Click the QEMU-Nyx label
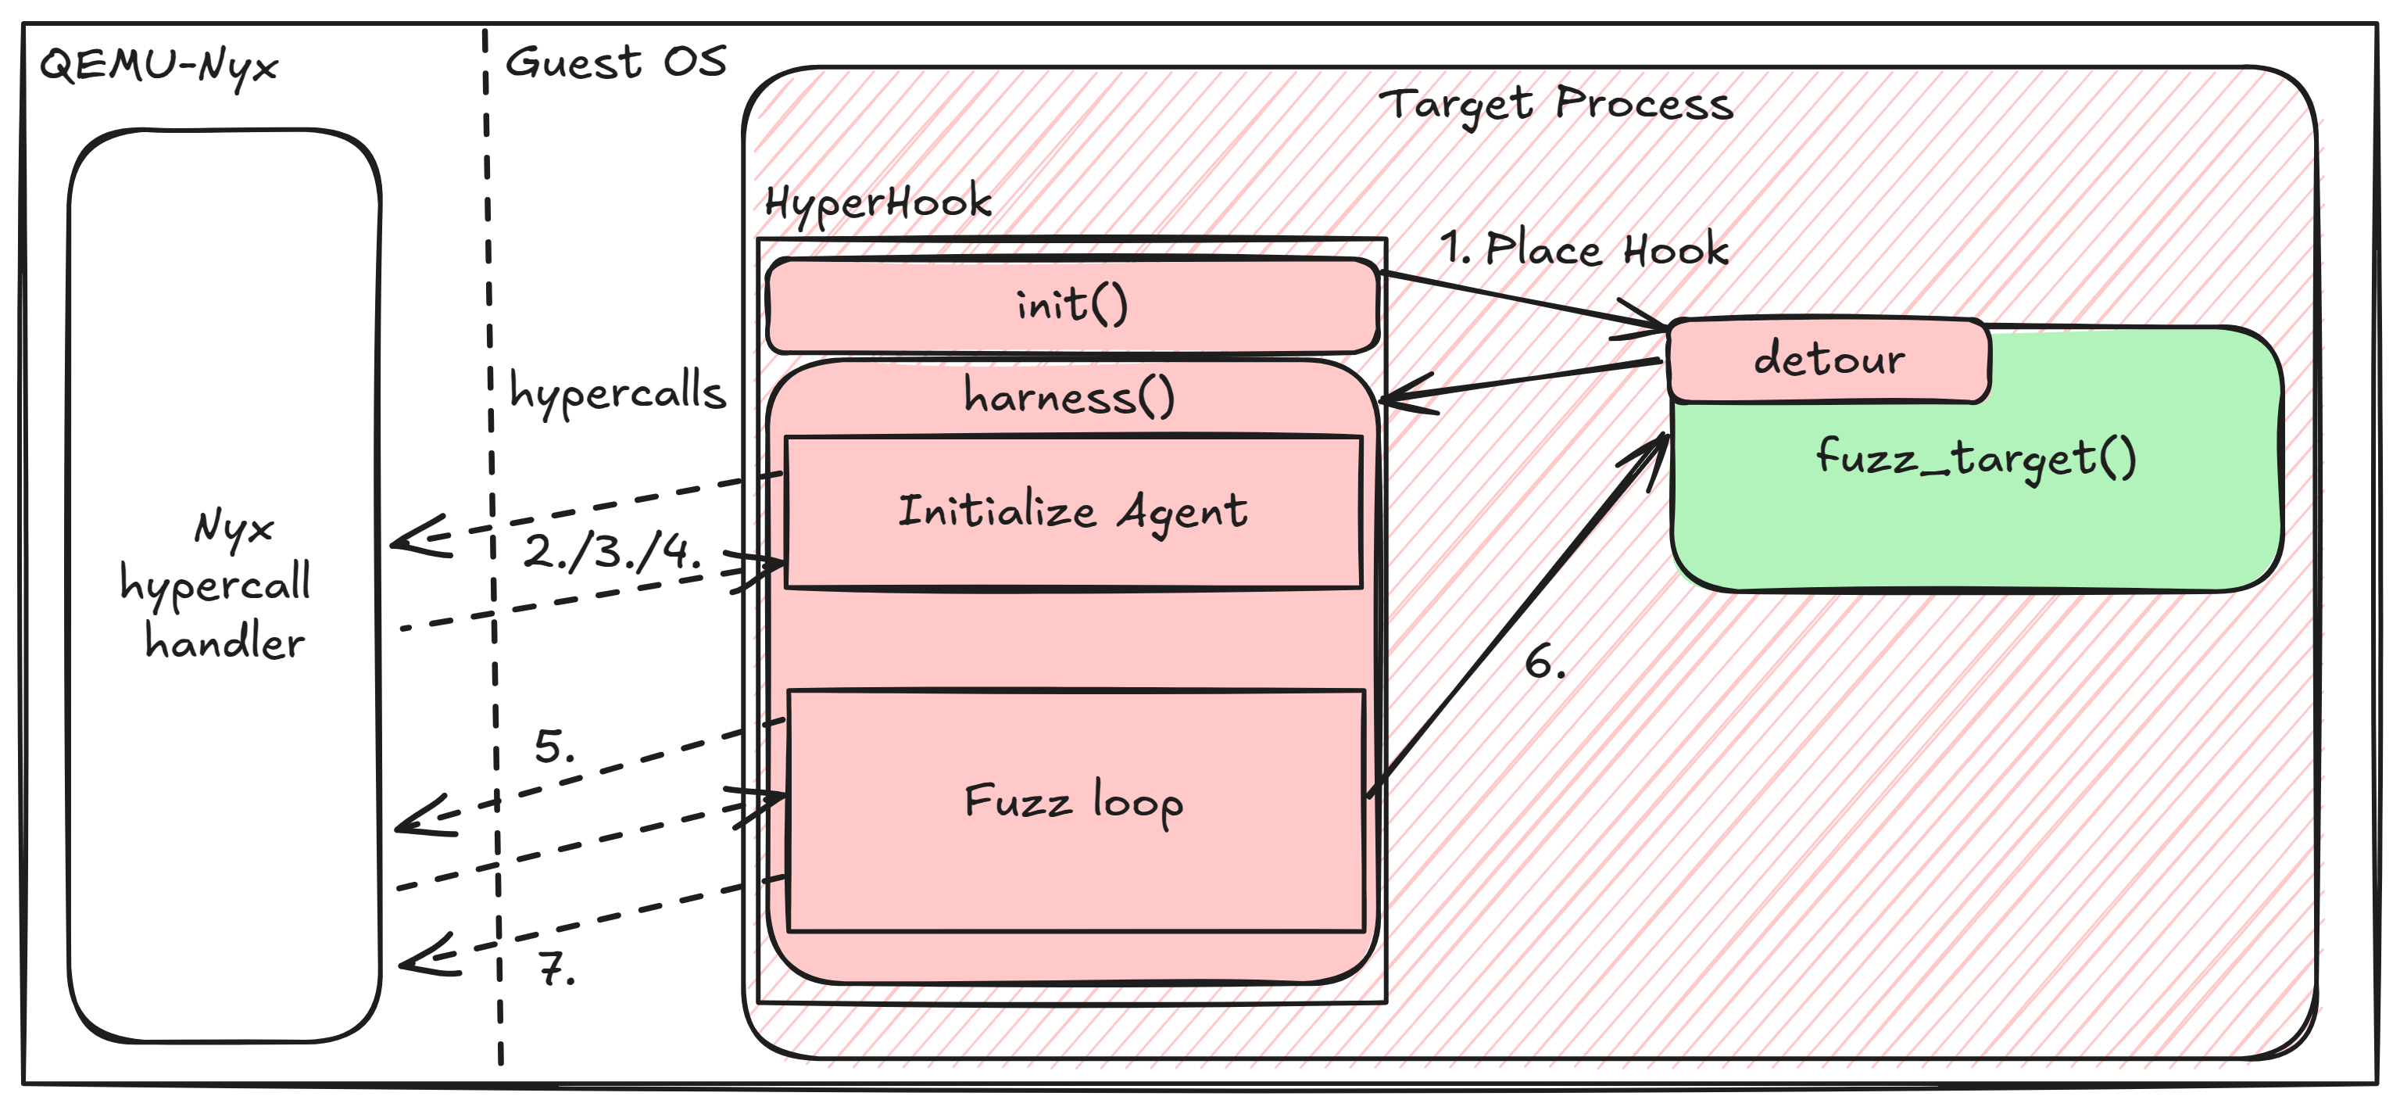(x=159, y=65)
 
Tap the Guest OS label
(x=615, y=63)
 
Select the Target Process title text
(x=1556, y=103)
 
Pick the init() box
(x=1071, y=306)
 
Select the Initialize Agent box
(x=1073, y=513)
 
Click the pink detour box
(x=1828, y=360)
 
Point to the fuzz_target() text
(x=1975, y=458)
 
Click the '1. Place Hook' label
(x=1584, y=249)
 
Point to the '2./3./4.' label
(x=610, y=552)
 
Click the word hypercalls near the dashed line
(x=617, y=392)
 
